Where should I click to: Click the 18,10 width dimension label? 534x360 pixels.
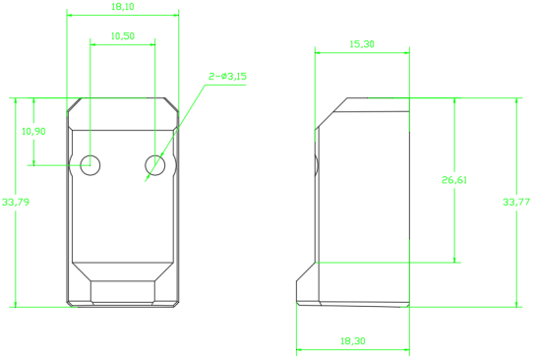123,7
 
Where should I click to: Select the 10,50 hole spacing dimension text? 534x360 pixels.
123,35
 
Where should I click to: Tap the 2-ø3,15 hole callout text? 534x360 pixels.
227,77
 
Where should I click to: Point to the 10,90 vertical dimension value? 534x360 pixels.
33,131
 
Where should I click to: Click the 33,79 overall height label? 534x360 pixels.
16,202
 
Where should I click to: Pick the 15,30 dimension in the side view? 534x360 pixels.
362,44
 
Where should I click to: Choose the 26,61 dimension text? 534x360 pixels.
454,180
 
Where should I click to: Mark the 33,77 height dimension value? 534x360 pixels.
516,202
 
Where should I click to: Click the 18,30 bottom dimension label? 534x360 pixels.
353,341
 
